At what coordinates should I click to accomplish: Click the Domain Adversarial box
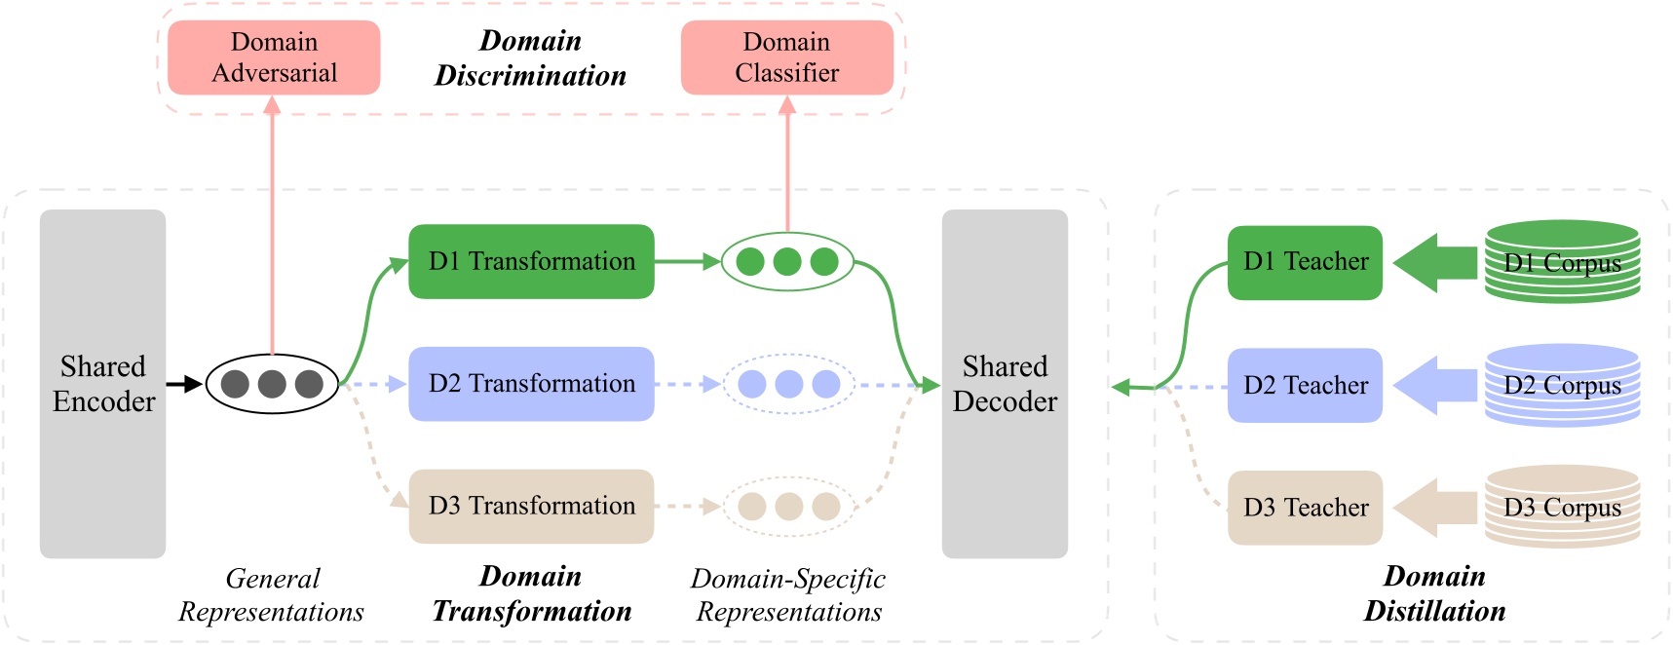[x=274, y=57]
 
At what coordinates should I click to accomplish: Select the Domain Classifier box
[x=786, y=57]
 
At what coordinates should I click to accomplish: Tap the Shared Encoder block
[x=102, y=383]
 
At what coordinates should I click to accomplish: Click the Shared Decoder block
[x=1005, y=383]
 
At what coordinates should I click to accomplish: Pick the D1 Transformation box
[x=531, y=261]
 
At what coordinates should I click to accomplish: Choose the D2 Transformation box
[x=531, y=384]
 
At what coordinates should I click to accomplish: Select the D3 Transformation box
[x=531, y=506]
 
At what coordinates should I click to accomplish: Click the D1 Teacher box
[x=1305, y=262]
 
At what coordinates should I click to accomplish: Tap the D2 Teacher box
[x=1305, y=385]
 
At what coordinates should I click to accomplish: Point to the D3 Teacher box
[x=1305, y=508]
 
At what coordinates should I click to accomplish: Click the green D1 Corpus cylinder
[x=1562, y=261]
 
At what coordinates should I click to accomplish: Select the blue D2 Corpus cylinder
[x=1562, y=385]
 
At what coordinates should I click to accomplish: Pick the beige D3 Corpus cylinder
[x=1562, y=507]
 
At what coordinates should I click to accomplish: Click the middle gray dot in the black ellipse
[x=272, y=384]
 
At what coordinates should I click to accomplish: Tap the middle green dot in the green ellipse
[x=787, y=261]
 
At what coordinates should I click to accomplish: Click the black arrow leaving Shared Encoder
[x=184, y=384]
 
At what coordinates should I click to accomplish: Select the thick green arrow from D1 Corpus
[x=1434, y=262]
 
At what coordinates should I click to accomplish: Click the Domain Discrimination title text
[x=530, y=58]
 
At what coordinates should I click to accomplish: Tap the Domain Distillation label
[x=1434, y=593]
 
